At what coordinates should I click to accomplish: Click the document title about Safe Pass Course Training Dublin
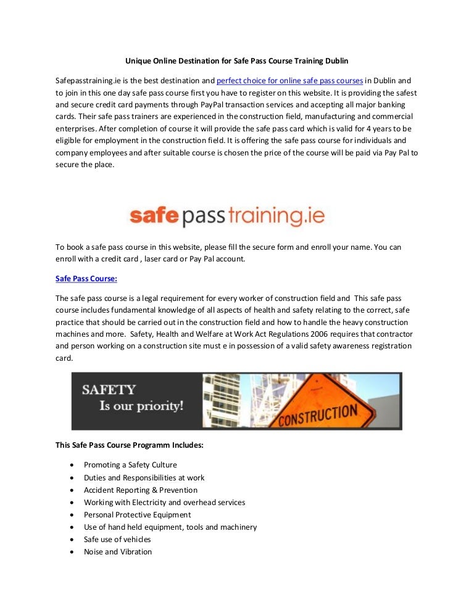237,61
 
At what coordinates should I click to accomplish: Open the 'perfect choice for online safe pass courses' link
289,81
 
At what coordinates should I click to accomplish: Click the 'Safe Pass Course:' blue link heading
86,279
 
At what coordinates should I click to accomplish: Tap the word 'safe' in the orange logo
154,215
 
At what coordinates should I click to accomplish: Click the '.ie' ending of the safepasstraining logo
312,215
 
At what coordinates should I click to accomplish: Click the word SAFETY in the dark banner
109,390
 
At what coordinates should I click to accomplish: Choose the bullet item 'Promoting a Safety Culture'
130,465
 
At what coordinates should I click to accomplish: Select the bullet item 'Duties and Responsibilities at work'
144,477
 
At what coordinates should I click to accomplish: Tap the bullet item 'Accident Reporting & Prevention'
141,490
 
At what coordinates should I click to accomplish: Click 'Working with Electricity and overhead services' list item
164,502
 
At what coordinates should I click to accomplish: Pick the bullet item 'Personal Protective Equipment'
137,514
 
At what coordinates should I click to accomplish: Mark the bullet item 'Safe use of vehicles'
117,539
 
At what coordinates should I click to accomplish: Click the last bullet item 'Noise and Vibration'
117,551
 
